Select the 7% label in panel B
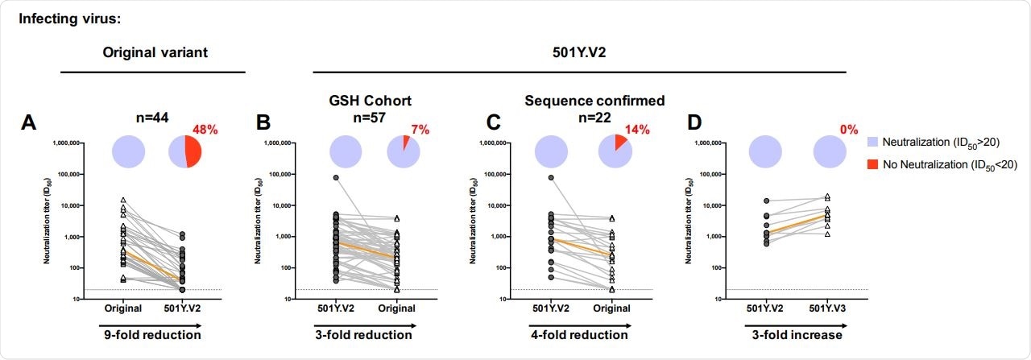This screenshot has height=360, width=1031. pyautogui.click(x=416, y=129)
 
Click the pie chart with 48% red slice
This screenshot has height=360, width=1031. pyautogui.click(x=184, y=151)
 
